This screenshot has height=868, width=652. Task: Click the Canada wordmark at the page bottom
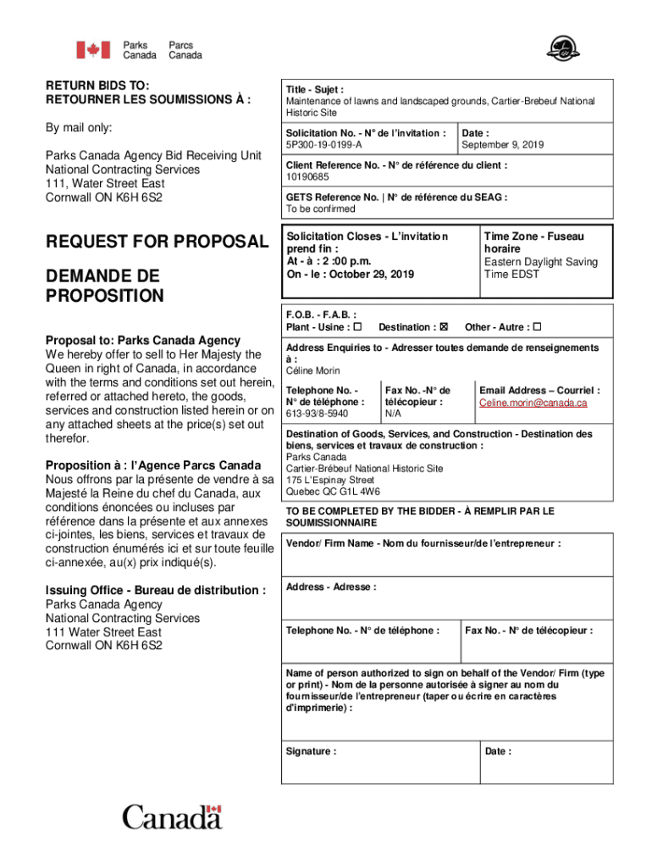click(x=172, y=818)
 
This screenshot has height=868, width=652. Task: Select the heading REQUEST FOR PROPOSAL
click(x=156, y=242)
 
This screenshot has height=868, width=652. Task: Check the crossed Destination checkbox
click(x=444, y=327)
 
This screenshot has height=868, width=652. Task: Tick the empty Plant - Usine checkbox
click(x=357, y=327)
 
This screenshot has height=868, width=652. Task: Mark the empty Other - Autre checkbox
click(x=537, y=327)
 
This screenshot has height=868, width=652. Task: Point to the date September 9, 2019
click(x=503, y=145)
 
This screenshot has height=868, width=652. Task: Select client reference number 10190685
click(x=307, y=177)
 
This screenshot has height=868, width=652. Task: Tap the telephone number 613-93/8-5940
click(x=317, y=414)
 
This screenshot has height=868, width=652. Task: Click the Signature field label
click(x=311, y=751)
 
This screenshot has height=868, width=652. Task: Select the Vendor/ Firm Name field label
click(x=423, y=543)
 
